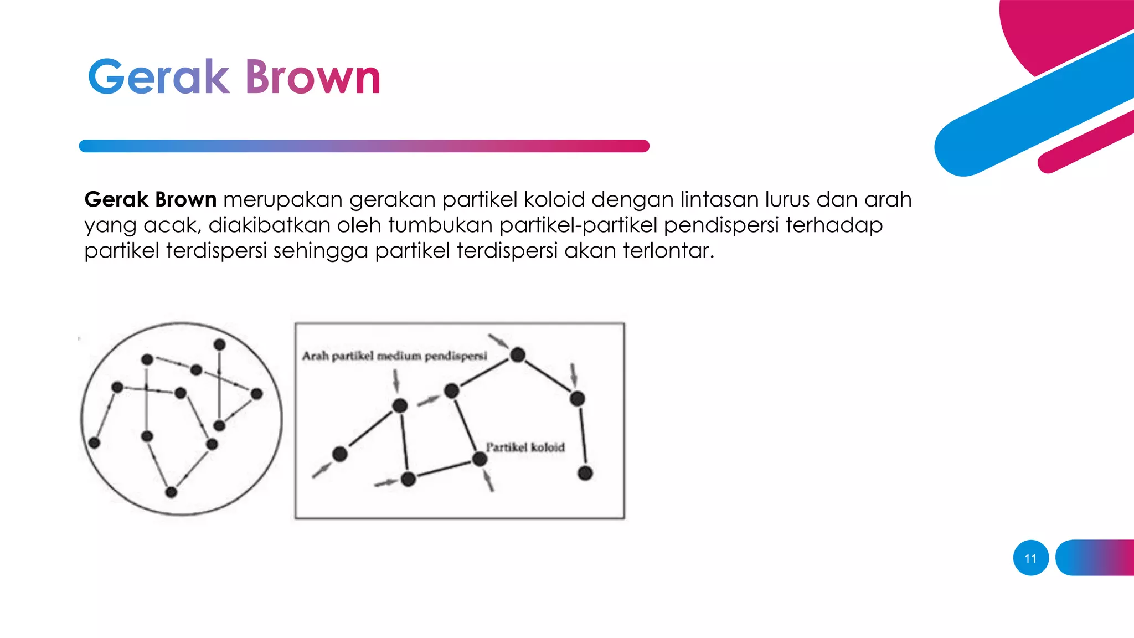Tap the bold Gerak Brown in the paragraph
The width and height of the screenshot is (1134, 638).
coord(150,199)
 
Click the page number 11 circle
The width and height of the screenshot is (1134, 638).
coord(1030,558)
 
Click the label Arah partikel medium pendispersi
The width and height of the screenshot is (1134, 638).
coord(394,356)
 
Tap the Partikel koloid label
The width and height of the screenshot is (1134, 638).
coord(525,447)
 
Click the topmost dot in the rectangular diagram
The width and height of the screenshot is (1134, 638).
coord(518,354)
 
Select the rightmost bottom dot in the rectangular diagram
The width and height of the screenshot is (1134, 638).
coord(585,473)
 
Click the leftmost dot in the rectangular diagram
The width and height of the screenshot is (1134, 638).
coord(339,454)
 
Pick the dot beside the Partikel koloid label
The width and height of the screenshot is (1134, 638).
coord(480,459)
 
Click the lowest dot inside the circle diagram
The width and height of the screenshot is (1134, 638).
coord(171,492)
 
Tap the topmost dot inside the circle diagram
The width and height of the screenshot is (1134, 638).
coord(219,344)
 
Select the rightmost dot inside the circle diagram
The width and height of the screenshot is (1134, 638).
coord(256,394)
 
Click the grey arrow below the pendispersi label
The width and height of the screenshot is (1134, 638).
coord(396,380)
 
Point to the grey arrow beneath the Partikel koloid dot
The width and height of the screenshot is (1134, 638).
coord(488,480)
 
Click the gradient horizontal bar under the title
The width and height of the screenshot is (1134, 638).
coord(364,146)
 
